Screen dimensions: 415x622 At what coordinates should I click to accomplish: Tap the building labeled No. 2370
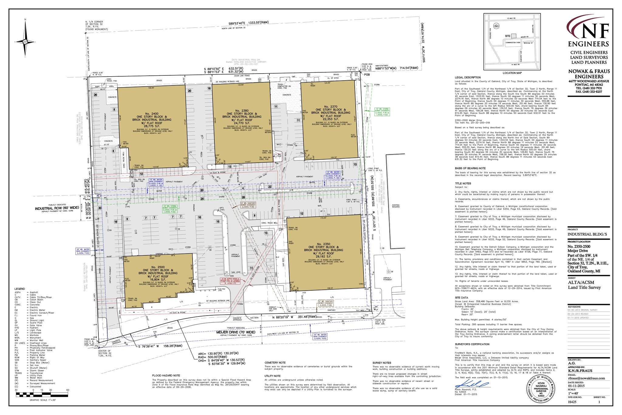click(x=328, y=116)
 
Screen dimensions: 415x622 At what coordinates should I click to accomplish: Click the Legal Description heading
click(x=468, y=78)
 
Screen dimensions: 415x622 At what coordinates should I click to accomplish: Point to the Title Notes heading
click(x=463, y=184)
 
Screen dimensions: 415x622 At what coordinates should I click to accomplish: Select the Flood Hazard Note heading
click(x=166, y=375)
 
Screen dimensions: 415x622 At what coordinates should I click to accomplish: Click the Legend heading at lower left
click(x=20, y=289)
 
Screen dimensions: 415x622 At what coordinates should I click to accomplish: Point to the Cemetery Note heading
click(x=275, y=363)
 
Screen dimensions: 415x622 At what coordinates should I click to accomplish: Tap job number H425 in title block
click(x=572, y=402)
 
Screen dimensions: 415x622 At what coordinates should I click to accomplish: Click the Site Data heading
click(x=461, y=298)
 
